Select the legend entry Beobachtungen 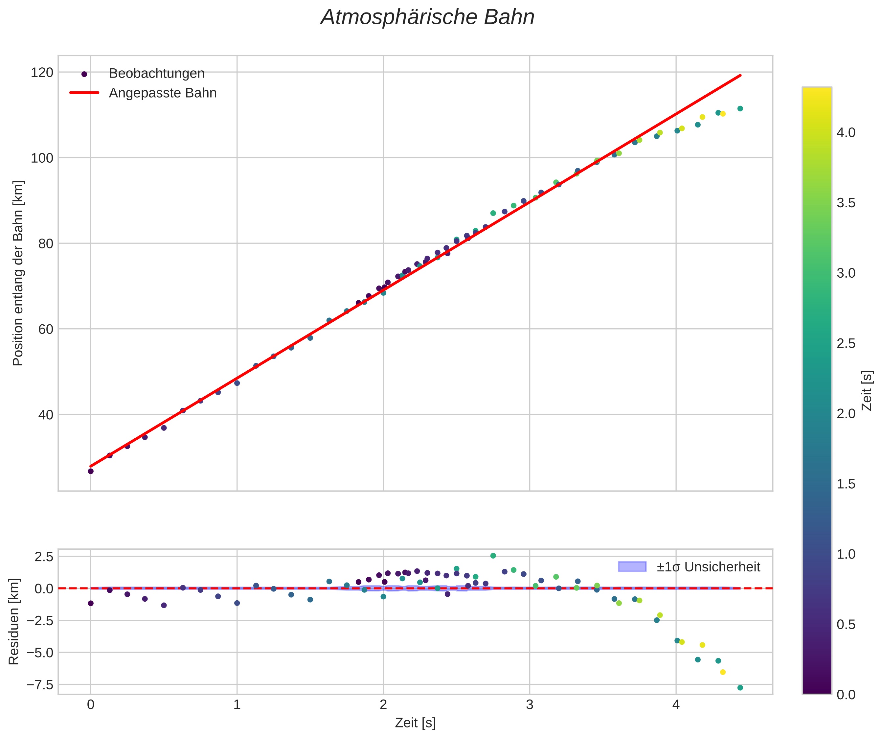point(156,74)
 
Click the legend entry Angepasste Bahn point(163,93)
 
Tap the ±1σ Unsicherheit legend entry point(708,567)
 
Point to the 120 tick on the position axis point(42,73)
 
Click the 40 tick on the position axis point(46,415)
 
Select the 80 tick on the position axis point(46,243)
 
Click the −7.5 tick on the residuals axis point(40,685)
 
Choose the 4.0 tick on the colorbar point(846,133)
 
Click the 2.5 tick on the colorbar point(846,344)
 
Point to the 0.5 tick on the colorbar point(846,625)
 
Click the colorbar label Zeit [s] point(867,391)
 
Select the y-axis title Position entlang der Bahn point(18,273)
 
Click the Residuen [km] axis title point(14,622)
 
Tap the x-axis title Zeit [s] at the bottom point(415,723)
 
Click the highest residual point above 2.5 point(493,556)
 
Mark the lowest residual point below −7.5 point(740,688)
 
